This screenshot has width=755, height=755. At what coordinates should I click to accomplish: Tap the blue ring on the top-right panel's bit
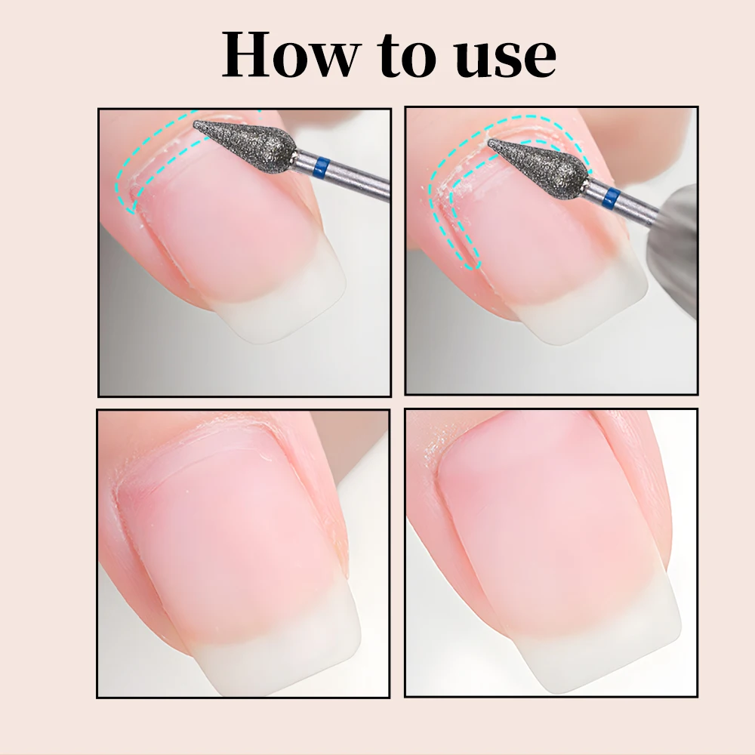[612, 199]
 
